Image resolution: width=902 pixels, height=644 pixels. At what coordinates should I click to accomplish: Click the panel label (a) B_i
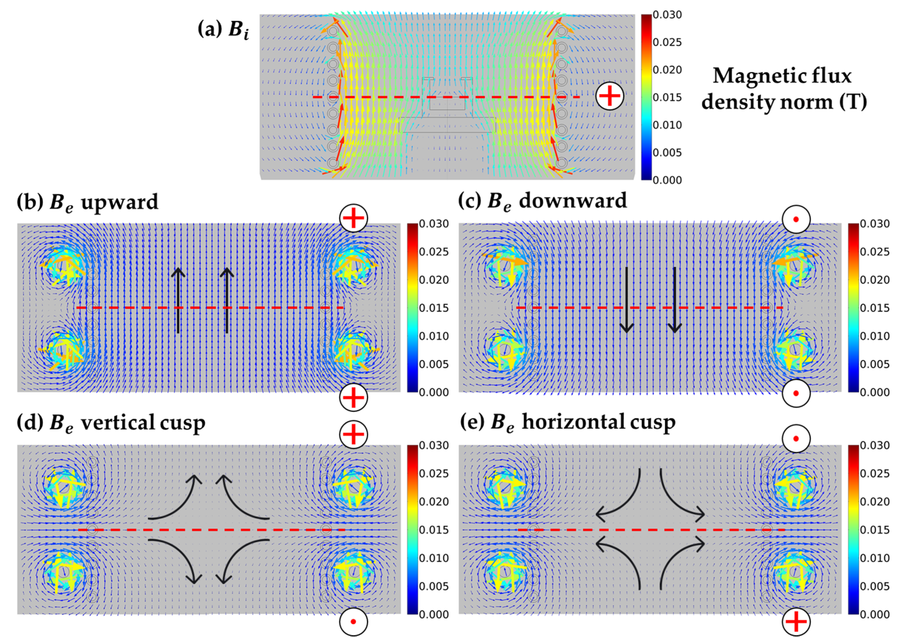223,29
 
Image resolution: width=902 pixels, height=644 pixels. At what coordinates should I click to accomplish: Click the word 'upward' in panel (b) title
119,202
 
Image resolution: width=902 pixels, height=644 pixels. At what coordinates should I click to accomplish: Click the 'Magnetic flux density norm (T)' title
784,89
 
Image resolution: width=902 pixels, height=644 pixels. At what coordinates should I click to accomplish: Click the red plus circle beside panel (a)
610,96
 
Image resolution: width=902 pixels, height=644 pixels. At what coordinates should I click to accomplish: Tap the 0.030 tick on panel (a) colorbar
667,15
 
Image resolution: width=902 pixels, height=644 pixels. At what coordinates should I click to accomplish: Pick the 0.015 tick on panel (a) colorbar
667,97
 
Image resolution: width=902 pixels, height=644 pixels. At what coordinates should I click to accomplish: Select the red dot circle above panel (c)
796,219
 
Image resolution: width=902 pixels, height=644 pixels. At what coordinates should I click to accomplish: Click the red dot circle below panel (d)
353,621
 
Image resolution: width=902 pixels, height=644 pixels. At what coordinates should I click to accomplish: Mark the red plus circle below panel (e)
796,621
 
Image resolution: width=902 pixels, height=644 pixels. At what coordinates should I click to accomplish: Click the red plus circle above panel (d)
353,434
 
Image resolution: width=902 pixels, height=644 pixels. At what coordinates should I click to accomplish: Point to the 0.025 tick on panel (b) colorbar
434,252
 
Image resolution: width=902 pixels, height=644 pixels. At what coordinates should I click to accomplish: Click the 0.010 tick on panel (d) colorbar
434,558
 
